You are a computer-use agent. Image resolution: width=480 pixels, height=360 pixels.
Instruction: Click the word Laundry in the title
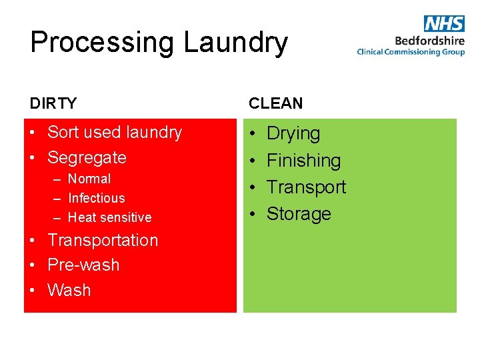235,43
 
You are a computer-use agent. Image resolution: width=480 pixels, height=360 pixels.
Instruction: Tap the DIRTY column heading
53,103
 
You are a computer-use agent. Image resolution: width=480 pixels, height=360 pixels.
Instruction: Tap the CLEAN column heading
276,103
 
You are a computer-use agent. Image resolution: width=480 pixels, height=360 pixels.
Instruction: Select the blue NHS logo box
444,23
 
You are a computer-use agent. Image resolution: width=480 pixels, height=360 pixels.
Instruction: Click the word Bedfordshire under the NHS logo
429,39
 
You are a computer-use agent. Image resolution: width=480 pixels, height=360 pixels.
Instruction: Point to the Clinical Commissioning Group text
411,52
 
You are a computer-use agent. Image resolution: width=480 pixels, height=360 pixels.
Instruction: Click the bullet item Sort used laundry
115,132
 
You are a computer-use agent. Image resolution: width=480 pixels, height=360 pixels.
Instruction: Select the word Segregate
87,157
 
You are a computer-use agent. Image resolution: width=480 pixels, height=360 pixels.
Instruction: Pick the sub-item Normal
89,179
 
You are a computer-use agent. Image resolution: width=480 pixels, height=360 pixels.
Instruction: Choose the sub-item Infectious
97,198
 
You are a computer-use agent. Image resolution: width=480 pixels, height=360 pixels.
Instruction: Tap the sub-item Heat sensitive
110,217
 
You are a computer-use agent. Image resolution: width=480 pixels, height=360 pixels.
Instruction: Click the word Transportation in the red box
103,240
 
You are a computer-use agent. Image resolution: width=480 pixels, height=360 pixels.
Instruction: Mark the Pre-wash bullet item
83,265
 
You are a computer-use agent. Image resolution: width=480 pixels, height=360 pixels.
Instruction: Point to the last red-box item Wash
69,290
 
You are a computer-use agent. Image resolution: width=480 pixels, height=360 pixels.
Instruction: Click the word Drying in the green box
293,133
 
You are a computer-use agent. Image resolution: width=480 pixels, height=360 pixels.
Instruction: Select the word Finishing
303,160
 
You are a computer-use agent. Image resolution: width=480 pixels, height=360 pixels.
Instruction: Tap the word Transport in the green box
306,187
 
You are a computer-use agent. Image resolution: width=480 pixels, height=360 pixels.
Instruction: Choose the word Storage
299,213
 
